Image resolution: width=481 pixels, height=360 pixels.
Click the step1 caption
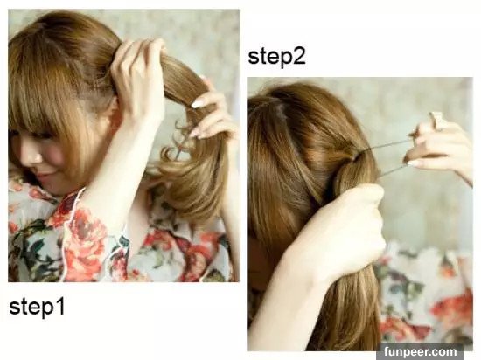(37, 307)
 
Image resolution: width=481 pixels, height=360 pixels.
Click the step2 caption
(276, 57)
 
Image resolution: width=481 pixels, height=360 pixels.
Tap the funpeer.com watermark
(420, 351)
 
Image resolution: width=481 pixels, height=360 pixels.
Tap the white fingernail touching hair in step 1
(198, 104)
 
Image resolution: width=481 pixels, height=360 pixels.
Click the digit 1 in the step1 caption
(60, 307)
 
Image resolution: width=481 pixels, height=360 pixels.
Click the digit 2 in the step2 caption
(300, 57)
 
